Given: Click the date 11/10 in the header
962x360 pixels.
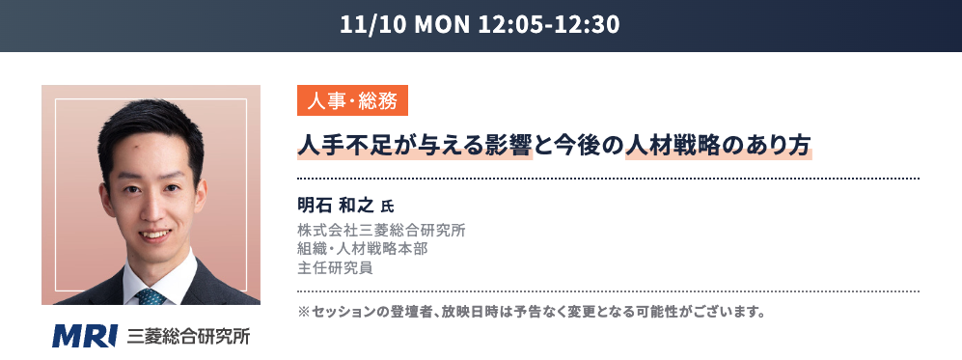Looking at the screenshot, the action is (x=373, y=25).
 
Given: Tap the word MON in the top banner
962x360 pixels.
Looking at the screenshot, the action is (x=442, y=25).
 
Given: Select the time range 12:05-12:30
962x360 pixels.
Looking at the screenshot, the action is (x=548, y=25).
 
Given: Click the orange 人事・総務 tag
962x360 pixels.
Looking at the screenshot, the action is (x=352, y=100).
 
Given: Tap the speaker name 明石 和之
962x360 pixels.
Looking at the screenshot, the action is (x=336, y=205).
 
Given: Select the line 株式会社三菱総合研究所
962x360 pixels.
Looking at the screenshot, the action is (x=381, y=231).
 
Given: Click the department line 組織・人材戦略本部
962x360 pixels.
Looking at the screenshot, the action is (x=363, y=250).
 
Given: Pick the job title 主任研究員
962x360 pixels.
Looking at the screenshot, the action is (x=335, y=268).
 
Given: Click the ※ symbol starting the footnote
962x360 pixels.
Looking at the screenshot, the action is (x=304, y=312).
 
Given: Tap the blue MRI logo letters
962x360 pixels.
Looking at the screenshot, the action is (x=85, y=336).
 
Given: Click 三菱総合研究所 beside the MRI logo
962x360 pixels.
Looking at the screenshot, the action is (x=188, y=337).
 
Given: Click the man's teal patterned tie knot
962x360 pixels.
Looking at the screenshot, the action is (x=151, y=297).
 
